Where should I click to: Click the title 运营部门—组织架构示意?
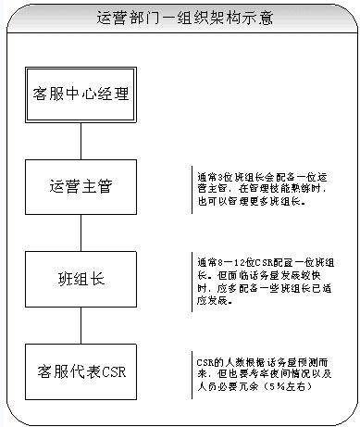click(180, 17)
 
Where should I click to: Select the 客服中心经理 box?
click(81, 94)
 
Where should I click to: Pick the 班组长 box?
click(81, 278)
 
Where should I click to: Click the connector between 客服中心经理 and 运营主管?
click(81, 140)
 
